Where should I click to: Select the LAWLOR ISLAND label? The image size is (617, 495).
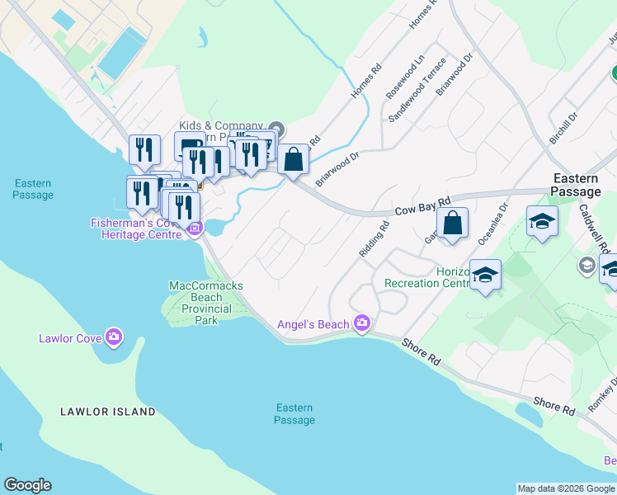[108, 411]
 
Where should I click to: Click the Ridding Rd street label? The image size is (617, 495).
[374, 240]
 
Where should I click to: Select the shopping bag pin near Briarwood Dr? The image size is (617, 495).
[294, 159]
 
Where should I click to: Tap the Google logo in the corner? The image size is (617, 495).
[27, 485]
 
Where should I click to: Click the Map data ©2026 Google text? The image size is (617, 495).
[566, 488]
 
